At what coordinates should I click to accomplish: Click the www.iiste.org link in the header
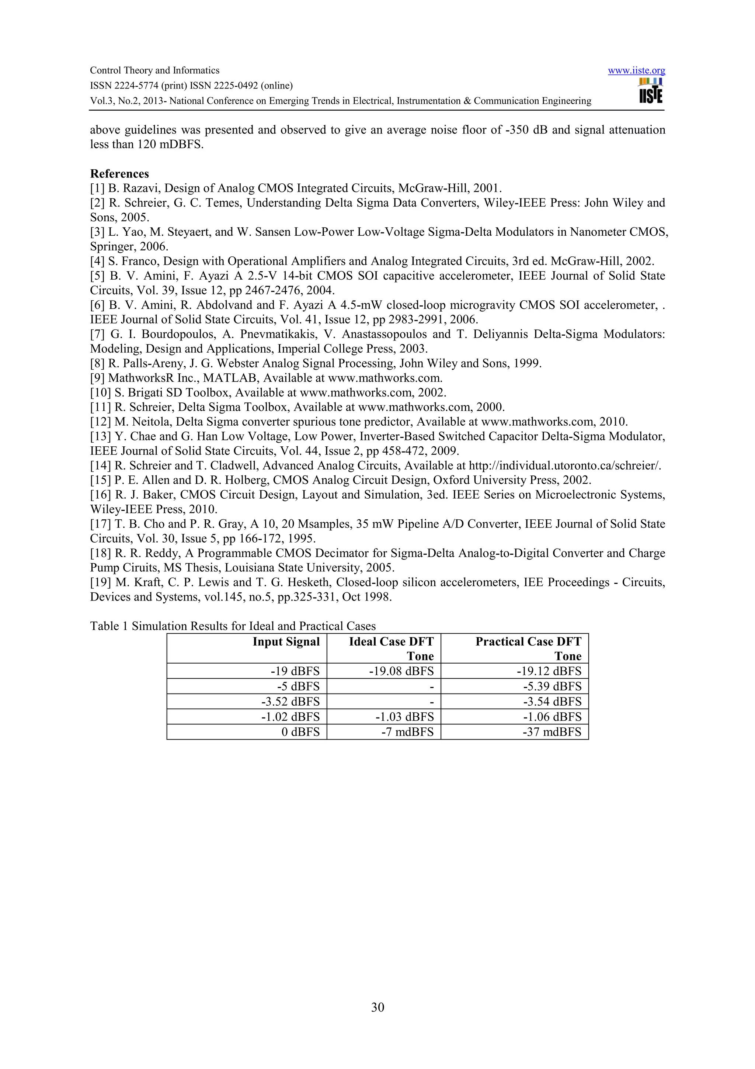(x=636, y=71)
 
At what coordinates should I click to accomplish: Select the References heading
(x=119, y=174)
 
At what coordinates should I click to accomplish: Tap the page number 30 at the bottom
(x=377, y=1007)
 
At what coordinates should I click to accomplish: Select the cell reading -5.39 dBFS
(x=552, y=686)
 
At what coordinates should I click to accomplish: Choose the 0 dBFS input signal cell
(x=300, y=732)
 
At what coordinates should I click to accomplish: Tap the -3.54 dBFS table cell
(x=552, y=702)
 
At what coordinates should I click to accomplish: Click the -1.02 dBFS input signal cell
(x=290, y=717)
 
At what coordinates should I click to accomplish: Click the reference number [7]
(x=97, y=334)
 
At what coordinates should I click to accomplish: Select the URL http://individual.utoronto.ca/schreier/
(x=565, y=466)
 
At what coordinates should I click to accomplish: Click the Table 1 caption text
(x=233, y=626)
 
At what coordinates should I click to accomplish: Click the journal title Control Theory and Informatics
(x=154, y=70)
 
